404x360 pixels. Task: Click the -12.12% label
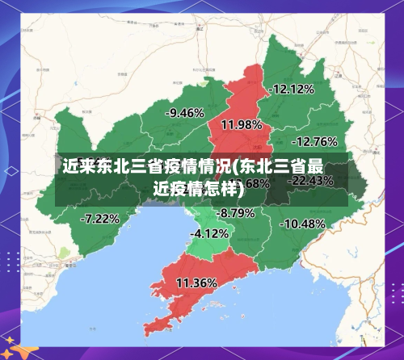click(292, 89)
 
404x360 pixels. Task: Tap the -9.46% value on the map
click(184, 113)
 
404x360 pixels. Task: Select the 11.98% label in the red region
click(241, 124)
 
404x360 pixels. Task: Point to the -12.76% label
click(314, 141)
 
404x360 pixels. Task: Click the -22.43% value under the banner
click(311, 181)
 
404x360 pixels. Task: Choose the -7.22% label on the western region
click(100, 218)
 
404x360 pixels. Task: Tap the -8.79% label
click(236, 213)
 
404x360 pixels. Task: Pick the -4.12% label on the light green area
click(209, 233)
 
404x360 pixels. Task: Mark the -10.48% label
click(303, 223)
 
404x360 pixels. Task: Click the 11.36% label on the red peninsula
click(196, 283)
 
